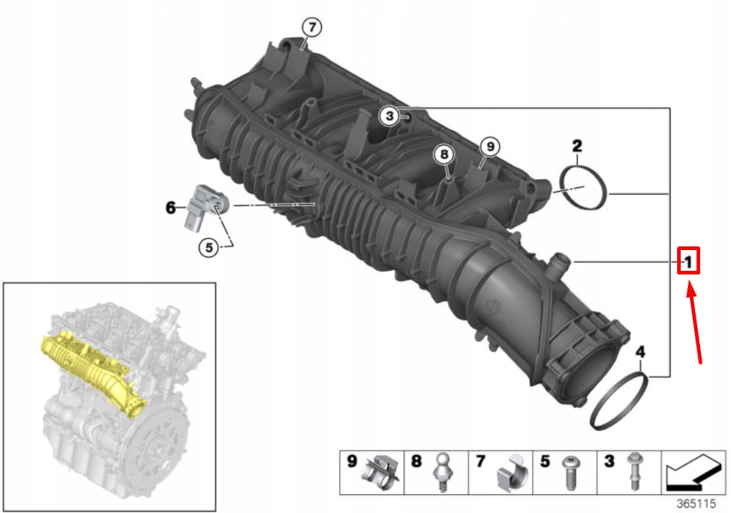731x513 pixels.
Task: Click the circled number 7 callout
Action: pos(311,27)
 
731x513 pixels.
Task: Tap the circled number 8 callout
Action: pos(444,154)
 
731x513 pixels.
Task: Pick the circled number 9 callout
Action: pos(489,147)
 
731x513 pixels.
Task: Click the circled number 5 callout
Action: pos(209,247)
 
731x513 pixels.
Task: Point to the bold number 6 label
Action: pos(170,208)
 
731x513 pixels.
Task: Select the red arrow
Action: pos(694,323)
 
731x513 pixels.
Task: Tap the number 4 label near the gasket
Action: pos(640,352)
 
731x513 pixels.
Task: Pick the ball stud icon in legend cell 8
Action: pos(443,473)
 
